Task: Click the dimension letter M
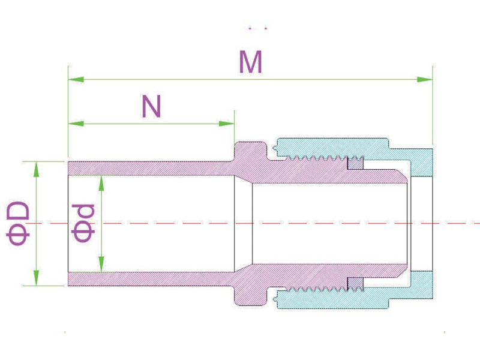click(250, 62)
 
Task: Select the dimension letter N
click(151, 106)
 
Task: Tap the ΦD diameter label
click(18, 223)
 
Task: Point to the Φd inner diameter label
click(83, 223)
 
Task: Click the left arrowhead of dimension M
click(76, 80)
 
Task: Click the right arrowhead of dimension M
click(425, 80)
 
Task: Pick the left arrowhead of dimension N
click(76, 124)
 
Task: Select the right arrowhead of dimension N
click(227, 124)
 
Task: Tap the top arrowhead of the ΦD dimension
click(37, 169)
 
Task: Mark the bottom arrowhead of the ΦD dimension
click(37, 278)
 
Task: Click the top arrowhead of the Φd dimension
click(101, 184)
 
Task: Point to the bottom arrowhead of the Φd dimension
click(101, 264)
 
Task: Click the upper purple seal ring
click(355, 163)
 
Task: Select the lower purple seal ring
click(355, 284)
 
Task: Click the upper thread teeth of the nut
click(316, 158)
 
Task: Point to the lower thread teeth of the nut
click(316, 289)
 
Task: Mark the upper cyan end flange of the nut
click(421, 163)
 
